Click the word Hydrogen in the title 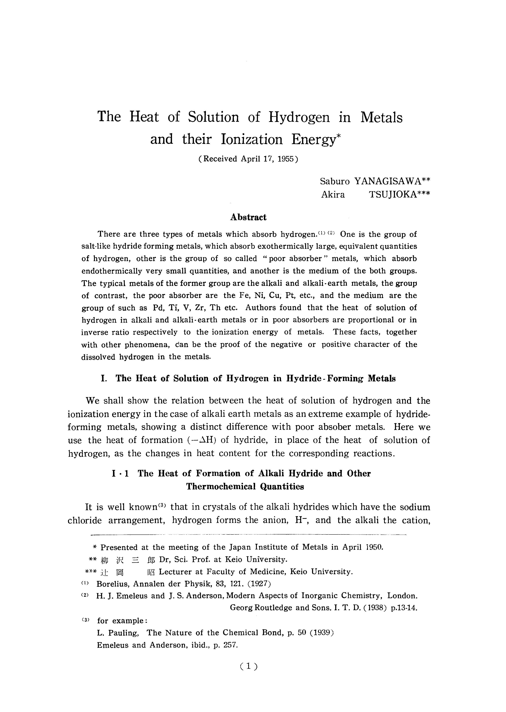(x=299, y=118)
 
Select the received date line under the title (x=248, y=159)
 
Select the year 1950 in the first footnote (x=374, y=547)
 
